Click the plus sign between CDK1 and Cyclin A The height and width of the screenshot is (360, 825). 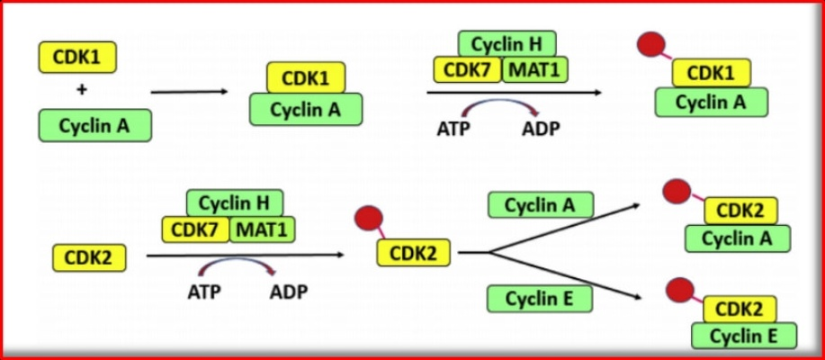click(x=81, y=91)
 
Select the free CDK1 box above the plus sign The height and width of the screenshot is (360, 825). click(x=77, y=57)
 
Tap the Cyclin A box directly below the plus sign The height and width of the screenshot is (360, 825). click(x=94, y=126)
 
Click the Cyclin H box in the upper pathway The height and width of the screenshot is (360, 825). click(x=507, y=43)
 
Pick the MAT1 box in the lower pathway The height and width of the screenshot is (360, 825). click(x=262, y=229)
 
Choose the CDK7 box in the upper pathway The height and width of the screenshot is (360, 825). click(x=467, y=69)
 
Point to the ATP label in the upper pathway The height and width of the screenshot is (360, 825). click(x=453, y=130)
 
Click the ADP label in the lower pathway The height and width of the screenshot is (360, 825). click(x=288, y=291)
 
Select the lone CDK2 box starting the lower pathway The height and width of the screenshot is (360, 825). click(x=89, y=258)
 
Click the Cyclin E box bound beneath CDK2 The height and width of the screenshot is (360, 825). click(x=744, y=336)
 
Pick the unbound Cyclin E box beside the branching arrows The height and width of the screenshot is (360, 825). click(x=540, y=298)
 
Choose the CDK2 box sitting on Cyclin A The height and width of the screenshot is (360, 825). click(x=740, y=211)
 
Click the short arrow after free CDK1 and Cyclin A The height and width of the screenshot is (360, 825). click(x=189, y=92)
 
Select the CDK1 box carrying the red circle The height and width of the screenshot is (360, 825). click(x=712, y=73)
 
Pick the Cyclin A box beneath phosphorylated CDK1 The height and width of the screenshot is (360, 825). click(x=711, y=102)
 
